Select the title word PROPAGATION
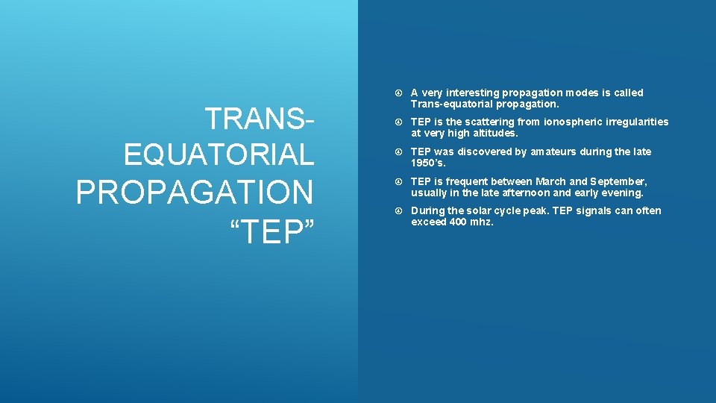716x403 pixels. coord(195,193)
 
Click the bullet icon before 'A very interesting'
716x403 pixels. coord(399,93)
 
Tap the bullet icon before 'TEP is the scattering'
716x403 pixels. coord(399,122)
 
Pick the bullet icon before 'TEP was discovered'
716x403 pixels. coord(399,152)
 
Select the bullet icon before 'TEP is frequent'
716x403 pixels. coord(399,182)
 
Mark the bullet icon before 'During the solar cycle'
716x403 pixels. coord(399,211)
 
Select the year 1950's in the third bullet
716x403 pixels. coord(427,163)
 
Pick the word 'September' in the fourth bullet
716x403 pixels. coord(619,181)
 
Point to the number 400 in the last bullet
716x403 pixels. coord(459,222)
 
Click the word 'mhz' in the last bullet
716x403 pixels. coord(482,222)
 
